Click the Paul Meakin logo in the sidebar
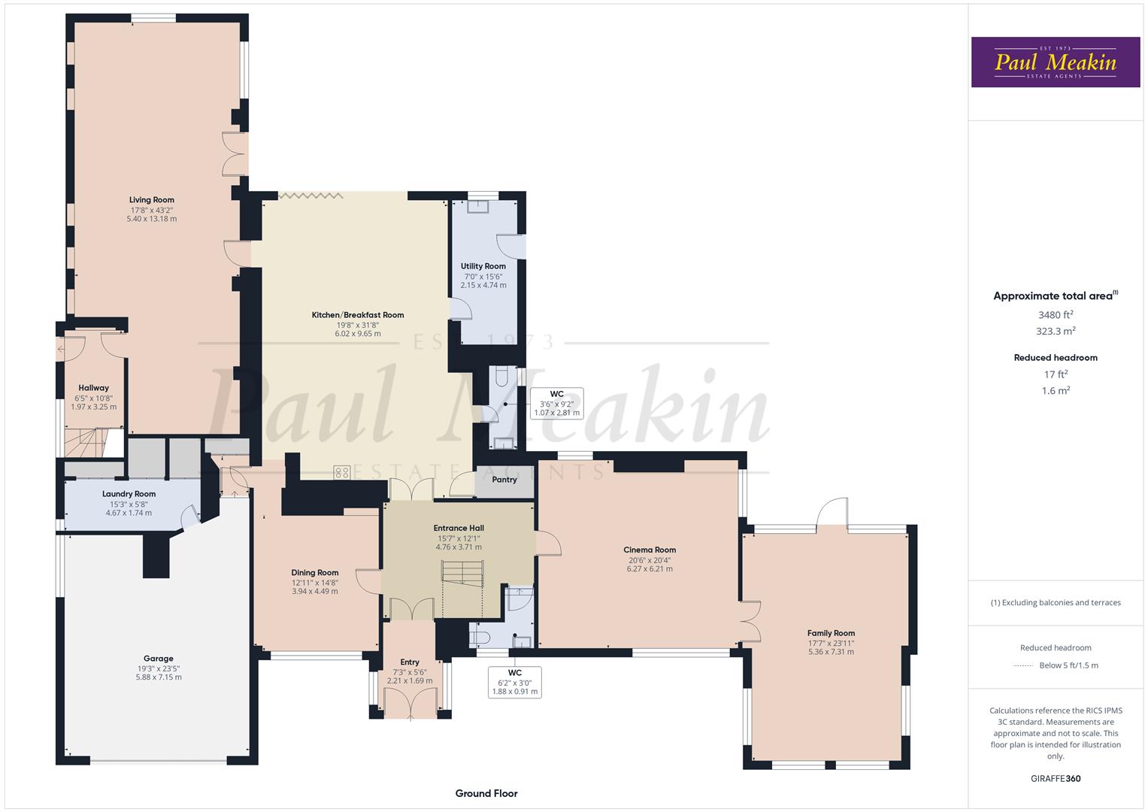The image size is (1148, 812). click(x=1055, y=62)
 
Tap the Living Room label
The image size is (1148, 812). click(x=152, y=200)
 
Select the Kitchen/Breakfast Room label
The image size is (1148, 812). click(x=358, y=315)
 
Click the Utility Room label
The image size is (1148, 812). click(x=483, y=266)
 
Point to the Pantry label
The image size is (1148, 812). click(x=504, y=480)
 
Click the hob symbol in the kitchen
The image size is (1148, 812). click(x=342, y=472)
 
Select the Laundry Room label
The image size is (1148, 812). click(x=129, y=494)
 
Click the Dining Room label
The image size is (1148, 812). click(x=315, y=572)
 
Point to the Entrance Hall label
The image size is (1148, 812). click(x=459, y=528)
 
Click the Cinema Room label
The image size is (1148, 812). click(x=650, y=550)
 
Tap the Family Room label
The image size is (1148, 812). click(x=831, y=633)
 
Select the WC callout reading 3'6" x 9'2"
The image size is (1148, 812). click(x=556, y=404)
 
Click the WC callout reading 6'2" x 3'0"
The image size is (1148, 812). click(x=515, y=682)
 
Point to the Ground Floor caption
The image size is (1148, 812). click(x=486, y=793)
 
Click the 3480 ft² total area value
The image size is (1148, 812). click(x=1056, y=315)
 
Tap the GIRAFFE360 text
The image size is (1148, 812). click(x=1056, y=779)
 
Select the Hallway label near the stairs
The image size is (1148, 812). click(x=94, y=388)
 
